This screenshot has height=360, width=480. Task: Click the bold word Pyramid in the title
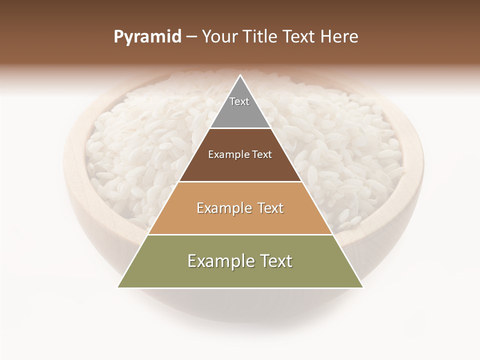pos(147,37)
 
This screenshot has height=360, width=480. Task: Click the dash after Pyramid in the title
pos(191,37)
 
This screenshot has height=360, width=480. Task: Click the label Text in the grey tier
pos(239,101)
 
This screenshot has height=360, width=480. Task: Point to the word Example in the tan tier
pos(223,208)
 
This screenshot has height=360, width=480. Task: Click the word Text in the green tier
pos(275,261)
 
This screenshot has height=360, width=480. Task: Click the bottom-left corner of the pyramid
pos(118,287)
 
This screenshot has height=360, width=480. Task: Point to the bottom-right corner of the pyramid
pos(363,287)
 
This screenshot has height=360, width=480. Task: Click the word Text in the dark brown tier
pos(262,154)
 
